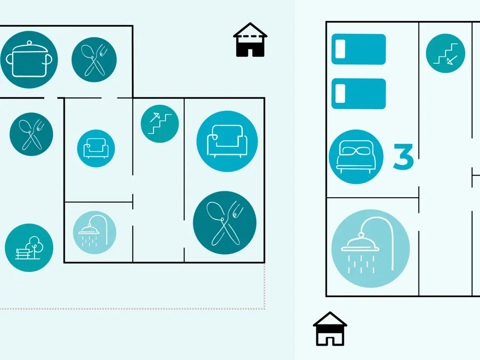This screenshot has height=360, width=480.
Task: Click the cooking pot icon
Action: tap(29, 60)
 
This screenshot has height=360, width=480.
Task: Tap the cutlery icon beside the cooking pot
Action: tap(94, 60)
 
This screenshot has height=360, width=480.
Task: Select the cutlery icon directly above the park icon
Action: tap(31, 134)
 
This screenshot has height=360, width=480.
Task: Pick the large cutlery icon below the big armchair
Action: tap(225, 223)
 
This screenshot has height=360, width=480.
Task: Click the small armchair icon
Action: tap(96, 148)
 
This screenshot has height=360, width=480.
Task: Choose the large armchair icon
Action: tap(227, 141)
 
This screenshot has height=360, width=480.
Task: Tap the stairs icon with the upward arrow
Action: tap(160, 123)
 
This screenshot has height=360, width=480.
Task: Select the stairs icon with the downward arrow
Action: tap(446, 53)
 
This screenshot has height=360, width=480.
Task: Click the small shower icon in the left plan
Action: tap(95, 232)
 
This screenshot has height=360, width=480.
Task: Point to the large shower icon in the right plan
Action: tap(370, 249)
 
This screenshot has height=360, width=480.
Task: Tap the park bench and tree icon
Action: tap(29, 248)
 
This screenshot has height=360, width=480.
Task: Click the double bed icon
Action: tap(356, 157)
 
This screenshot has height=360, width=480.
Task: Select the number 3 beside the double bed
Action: tap(403, 156)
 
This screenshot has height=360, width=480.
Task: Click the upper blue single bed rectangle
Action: tap(358, 49)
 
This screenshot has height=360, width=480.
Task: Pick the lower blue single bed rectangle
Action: tap(358, 94)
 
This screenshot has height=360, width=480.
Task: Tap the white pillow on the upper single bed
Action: tap(340, 49)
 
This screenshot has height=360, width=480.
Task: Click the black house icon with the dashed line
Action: tap(250, 40)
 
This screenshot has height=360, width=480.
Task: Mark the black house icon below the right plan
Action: tap(330, 329)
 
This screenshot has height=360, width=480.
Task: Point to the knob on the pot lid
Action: tap(29, 43)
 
